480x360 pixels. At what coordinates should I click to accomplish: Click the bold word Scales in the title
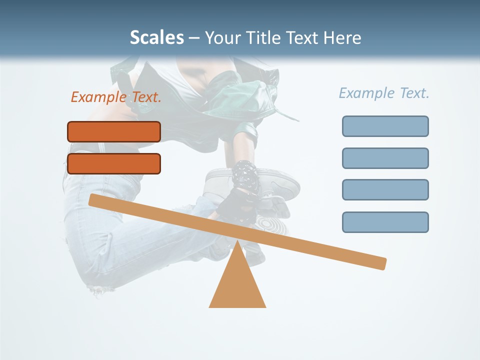coord(156,37)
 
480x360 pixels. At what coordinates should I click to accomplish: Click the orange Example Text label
coord(116,97)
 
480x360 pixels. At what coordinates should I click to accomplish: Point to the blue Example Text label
coord(384,93)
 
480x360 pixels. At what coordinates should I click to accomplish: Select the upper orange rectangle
coord(114,131)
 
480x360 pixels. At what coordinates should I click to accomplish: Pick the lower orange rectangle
coord(114,163)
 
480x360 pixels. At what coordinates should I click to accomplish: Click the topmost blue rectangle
coord(385,126)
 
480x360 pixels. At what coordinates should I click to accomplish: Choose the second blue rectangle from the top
coord(385,158)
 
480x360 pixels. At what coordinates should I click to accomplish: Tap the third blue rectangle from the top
coord(385,189)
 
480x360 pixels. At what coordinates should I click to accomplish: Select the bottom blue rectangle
coord(385,222)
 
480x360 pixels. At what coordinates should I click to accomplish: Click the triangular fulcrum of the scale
coord(237,285)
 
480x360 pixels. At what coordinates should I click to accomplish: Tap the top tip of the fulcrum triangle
coord(237,242)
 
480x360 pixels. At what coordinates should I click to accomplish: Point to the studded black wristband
coord(244,173)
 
